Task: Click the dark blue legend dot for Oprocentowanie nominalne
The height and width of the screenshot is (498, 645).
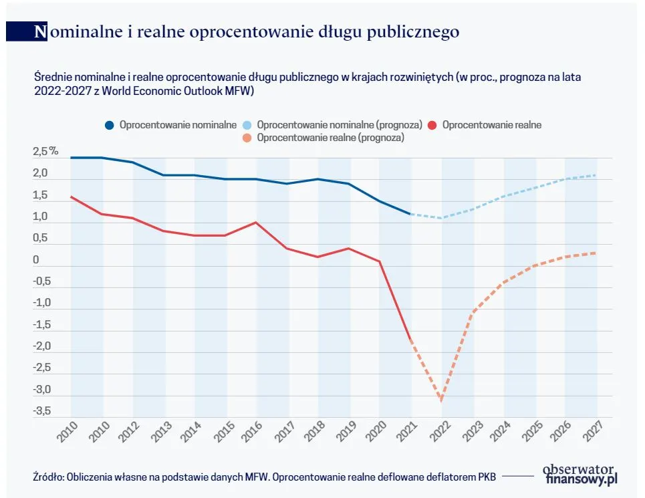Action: [110, 125]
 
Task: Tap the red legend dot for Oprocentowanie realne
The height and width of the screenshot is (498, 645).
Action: [432, 125]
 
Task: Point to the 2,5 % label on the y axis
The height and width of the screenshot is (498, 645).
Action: [45, 152]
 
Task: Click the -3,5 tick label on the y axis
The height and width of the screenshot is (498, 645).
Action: [41, 411]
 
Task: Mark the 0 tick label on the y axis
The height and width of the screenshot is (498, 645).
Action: [36, 260]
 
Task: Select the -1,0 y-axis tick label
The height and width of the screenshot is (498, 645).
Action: [41, 303]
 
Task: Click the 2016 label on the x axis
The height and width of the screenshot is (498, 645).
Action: [251, 435]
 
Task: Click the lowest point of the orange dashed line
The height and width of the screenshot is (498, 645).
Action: [441, 400]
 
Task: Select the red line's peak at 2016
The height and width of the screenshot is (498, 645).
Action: [257, 223]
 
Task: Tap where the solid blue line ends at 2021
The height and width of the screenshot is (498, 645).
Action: [410, 214]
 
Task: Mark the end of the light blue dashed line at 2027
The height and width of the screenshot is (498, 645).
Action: [596, 175]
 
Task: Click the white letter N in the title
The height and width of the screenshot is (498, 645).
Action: [41, 31]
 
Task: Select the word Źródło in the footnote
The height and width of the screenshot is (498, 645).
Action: [47, 477]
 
